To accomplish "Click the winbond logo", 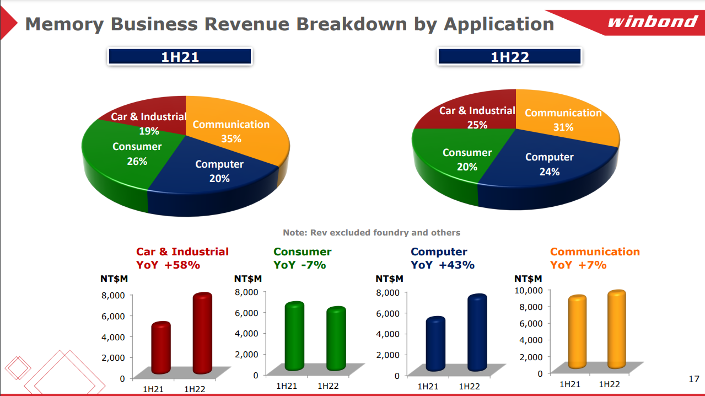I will click(x=652, y=22).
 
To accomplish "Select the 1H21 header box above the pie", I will click(x=180, y=57).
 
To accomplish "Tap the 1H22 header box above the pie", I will click(x=509, y=57).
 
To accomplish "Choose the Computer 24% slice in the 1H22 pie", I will click(x=546, y=165).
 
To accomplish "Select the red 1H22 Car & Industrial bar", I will click(x=202, y=334).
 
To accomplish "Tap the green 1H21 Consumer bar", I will click(x=294, y=336).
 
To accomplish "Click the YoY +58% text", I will click(x=168, y=265).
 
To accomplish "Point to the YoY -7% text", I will click(x=300, y=265).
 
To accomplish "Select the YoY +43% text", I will click(x=442, y=265).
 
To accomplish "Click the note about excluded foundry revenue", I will click(x=372, y=233).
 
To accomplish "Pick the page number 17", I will click(x=694, y=379).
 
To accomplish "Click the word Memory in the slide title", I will click(x=64, y=24).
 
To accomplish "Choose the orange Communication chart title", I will click(x=595, y=252).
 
